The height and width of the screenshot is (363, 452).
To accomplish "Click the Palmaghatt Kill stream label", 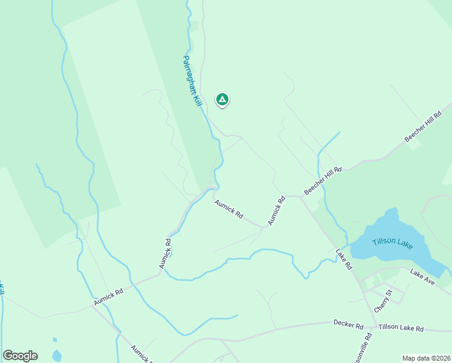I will click(192, 82).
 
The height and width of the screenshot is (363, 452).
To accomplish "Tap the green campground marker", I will click(222, 99).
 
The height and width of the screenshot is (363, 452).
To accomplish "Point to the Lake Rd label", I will click(344, 258).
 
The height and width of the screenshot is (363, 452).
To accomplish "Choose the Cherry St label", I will click(383, 300).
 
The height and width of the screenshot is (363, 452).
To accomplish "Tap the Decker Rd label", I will click(348, 324).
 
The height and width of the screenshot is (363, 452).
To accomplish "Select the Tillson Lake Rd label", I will click(401, 328).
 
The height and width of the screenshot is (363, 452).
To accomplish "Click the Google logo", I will click(20, 356).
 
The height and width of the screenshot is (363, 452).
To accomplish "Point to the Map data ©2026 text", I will click(426, 358).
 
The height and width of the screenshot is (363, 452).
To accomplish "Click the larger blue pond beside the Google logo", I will click(56, 355).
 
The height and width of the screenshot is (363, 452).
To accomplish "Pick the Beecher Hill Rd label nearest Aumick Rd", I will click(323, 180).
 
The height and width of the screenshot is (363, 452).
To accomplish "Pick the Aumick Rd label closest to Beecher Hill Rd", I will click(276, 211).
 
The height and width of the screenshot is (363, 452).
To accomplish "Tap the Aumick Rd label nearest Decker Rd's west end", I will click(143, 353).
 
